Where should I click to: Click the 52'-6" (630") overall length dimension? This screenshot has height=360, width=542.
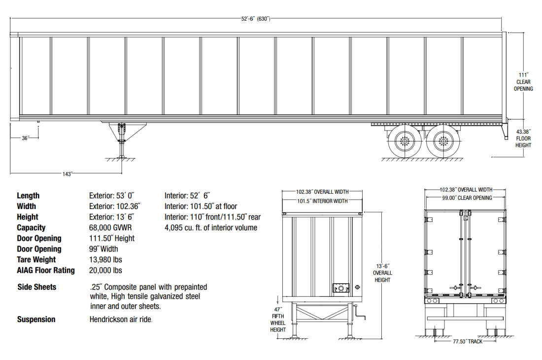tap(256, 19)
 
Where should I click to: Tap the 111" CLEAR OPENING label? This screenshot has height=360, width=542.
tap(523, 82)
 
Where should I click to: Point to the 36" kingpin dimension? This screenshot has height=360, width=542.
tap(25, 138)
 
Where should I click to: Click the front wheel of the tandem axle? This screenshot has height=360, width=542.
tap(405, 142)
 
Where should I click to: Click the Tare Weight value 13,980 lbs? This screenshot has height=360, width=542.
tap(105, 260)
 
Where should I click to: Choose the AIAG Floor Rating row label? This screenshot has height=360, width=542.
tap(46, 270)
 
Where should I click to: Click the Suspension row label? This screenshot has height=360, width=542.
tap(36, 320)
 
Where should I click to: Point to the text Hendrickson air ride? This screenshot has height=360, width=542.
tap(121, 320)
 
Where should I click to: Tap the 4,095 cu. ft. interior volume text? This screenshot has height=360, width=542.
tap(210, 228)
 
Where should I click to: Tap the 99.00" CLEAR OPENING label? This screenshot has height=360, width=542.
tap(467, 198)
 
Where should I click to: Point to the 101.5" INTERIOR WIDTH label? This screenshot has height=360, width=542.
tap(322, 201)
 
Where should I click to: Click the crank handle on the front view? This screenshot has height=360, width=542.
tap(361, 318)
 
